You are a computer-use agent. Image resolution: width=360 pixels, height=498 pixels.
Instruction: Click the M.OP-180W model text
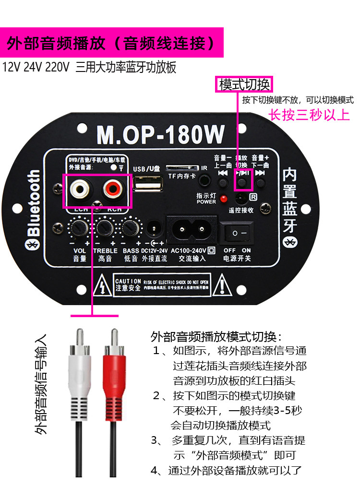pyautogui.click(x=160, y=135)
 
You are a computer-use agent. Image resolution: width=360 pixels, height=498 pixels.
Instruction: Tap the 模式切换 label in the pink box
pyautogui.click(x=244, y=85)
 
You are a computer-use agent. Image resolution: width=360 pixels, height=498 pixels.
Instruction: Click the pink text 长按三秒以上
pyautogui.click(x=309, y=115)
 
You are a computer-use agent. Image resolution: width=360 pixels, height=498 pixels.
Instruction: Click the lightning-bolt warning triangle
pyautogui.click(x=103, y=285)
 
